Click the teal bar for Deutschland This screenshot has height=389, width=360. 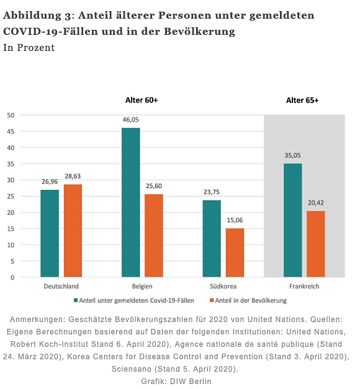[x=50, y=233]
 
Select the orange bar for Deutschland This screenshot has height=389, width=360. [x=73, y=231]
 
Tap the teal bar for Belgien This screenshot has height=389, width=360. [x=130, y=202]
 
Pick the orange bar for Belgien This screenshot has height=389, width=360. [x=154, y=236]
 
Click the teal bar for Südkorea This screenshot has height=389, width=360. [x=212, y=239]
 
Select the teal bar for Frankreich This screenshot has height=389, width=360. [x=292, y=220]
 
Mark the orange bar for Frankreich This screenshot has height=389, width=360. [x=315, y=244]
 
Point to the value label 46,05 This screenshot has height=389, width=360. [x=130, y=119]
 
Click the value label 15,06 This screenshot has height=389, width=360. [x=235, y=220]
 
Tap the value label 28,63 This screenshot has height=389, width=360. [x=73, y=176]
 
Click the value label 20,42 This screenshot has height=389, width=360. [x=315, y=203]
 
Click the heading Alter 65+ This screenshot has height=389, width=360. [x=302, y=100]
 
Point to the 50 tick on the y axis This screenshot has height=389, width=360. [x=11, y=115]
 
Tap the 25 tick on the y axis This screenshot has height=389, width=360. [x=11, y=196]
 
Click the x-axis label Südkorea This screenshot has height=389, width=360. [x=223, y=287]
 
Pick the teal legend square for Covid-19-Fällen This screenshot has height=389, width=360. [x=76, y=300]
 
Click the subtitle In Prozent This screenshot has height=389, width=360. [x=29, y=47]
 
